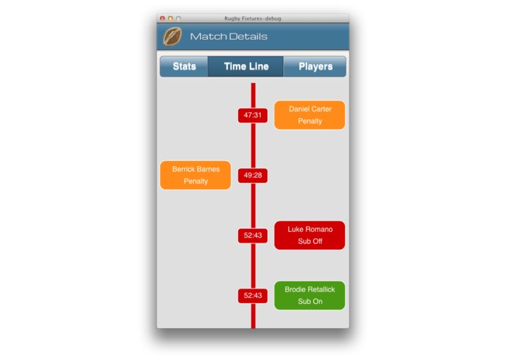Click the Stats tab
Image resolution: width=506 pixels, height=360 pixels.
[x=184, y=66]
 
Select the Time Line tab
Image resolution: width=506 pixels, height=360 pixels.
[x=246, y=66]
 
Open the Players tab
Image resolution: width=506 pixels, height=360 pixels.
[x=315, y=66]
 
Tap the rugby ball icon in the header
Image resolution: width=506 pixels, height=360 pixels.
[x=173, y=36]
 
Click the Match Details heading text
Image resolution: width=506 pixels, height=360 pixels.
[x=229, y=36]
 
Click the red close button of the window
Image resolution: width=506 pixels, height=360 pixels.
[x=162, y=18]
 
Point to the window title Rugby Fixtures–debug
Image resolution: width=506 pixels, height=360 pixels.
[x=253, y=18]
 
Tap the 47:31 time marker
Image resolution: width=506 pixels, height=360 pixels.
[x=253, y=115]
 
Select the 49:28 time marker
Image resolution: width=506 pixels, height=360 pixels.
[x=253, y=176]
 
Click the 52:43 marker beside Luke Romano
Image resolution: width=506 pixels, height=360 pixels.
[x=253, y=235]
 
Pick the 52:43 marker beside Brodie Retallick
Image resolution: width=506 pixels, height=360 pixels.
[x=253, y=296]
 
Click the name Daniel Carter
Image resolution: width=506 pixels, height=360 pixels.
[x=310, y=109]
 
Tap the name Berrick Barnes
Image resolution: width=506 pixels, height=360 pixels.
[x=196, y=169]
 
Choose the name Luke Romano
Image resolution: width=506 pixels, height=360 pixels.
[x=310, y=230]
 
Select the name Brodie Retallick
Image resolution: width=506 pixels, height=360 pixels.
[x=310, y=289]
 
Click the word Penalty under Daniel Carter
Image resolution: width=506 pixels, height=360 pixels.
[x=310, y=122]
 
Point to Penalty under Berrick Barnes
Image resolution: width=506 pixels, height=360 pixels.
[x=196, y=181]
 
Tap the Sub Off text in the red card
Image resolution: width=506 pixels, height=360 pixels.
[x=310, y=241]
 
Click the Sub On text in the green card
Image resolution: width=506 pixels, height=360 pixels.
[x=310, y=302]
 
